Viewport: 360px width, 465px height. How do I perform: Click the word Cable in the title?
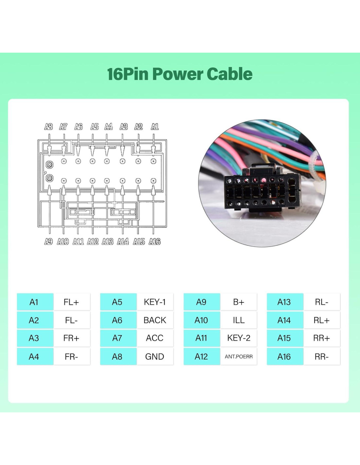click(229, 74)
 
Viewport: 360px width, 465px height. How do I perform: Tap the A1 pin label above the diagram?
click(154, 127)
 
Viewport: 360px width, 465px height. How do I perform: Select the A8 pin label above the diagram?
click(48, 127)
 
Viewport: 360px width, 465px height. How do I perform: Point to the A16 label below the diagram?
click(154, 242)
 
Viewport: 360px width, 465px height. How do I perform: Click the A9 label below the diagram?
click(48, 242)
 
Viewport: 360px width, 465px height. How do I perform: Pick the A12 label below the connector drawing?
click(93, 242)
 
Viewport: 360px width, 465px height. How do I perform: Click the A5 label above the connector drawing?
click(95, 127)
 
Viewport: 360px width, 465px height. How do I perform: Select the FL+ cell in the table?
click(71, 302)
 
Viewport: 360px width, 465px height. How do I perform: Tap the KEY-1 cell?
click(155, 302)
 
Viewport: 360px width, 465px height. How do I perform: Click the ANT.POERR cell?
click(239, 357)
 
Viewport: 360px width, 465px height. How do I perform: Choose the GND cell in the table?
click(155, 357)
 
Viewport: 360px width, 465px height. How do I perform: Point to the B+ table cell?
click(239, 302)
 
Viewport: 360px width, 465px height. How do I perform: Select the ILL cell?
click(239, 320)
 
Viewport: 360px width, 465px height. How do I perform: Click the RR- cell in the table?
click(322, 357)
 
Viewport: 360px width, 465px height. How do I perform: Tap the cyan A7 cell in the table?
click(117, 338)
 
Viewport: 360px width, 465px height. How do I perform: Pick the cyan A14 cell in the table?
click(284, 320)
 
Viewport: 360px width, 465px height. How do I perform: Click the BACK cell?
click(155, 320)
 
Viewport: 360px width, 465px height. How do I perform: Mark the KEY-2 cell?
click(239, 338)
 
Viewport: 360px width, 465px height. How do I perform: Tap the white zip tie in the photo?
click(317, 173)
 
